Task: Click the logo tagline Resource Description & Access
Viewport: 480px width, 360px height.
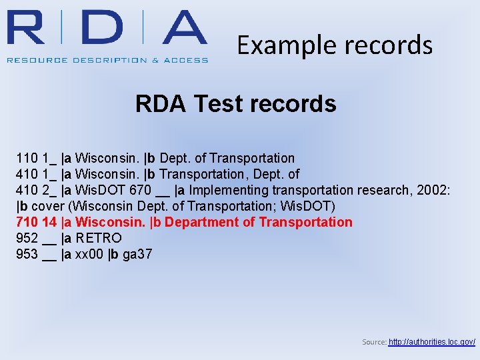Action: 107,60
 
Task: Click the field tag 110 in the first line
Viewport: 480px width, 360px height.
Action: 27,159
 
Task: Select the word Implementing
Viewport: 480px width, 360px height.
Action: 226,191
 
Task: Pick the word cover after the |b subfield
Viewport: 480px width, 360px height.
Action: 48,207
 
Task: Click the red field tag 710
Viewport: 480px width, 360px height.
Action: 27,223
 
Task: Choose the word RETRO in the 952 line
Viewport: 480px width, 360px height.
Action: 99,239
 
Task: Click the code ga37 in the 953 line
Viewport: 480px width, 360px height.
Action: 137,255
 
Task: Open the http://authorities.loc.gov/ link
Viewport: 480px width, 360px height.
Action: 431,342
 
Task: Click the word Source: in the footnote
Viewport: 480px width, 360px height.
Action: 373,342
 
